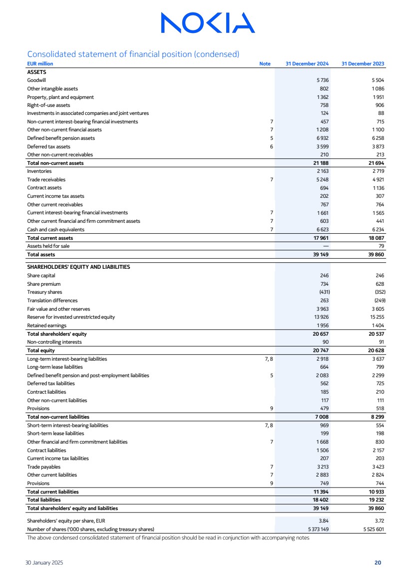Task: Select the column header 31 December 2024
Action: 307,64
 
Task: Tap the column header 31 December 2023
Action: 363,64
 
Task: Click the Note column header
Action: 265,64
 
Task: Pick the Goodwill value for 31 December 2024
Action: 322,80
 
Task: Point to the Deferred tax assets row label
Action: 48,146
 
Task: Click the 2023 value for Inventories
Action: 377,171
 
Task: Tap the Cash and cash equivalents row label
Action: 55,229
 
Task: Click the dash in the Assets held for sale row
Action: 326,246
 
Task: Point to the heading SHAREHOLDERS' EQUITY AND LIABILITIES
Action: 78,267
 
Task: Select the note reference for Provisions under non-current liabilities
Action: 271,408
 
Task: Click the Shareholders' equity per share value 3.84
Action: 324,520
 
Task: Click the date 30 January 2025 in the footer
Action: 45,563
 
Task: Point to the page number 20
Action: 378,563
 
